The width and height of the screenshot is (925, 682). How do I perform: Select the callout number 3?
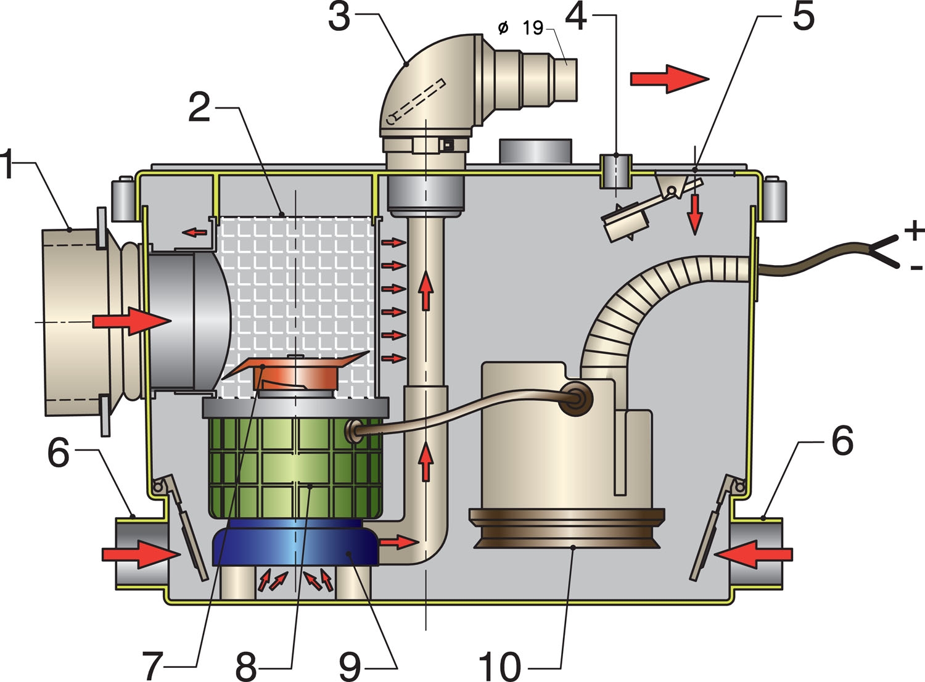339,17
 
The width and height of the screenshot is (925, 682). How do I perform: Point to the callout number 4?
575,17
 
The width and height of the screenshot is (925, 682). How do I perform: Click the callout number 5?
803,17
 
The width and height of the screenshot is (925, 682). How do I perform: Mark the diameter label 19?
533,28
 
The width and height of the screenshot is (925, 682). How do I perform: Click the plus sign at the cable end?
914,230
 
